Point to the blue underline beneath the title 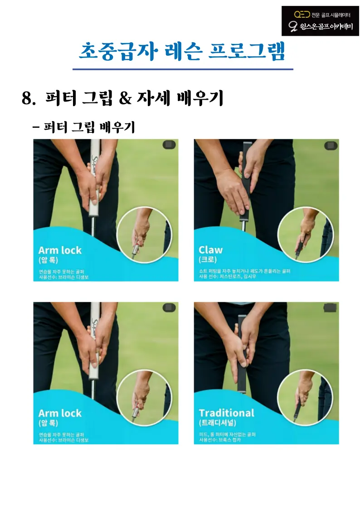183,69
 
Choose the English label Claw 211,250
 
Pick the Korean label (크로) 208,260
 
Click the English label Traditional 226,413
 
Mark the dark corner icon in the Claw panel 330,145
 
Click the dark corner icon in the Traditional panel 330,308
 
